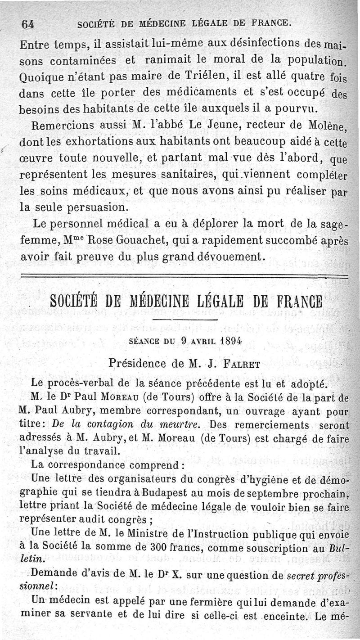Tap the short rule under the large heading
pyautogui.click(x=185, y=320)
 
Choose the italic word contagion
pyautogui.click(x=103, y=424)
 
